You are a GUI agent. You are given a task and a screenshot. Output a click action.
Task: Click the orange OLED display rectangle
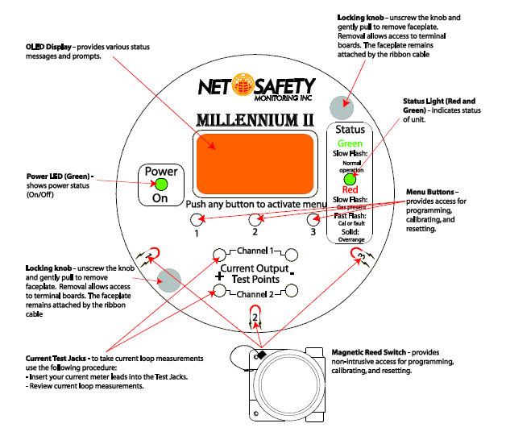coord(252,164)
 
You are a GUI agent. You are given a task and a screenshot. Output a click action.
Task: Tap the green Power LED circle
coord(150,185)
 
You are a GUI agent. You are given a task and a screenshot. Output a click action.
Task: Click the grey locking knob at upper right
coord(342,105)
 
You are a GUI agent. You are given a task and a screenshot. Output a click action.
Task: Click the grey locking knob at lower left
coord(169,280)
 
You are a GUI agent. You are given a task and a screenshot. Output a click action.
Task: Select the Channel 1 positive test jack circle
coord(218,255)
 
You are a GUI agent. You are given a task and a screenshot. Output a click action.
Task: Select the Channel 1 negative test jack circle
coord(292,255)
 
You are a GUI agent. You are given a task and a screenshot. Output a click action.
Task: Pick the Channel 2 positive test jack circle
coord(218,291)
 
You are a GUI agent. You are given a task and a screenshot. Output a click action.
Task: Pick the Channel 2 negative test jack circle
coord(292,291)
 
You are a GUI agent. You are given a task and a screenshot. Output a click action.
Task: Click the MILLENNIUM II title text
coord(251,119)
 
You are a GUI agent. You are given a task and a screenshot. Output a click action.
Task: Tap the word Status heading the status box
coord(350,129)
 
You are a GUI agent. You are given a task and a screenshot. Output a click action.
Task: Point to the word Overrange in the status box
coord(350,239)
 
